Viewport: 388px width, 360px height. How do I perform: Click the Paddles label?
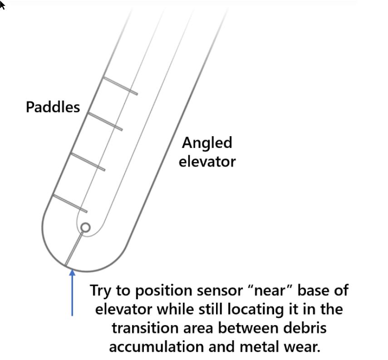point(53,107)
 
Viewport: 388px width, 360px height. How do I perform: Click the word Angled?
point(207,143)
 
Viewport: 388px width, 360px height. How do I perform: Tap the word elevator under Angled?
point(207,161)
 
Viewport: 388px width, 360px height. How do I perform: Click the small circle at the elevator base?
point(85,227)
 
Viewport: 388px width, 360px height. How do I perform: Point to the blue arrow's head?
point(72,273)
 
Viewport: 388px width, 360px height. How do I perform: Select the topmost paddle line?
point(120,86)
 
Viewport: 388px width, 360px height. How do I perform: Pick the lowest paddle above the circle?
point(70,203)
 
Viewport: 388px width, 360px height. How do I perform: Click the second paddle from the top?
point(104,121)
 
